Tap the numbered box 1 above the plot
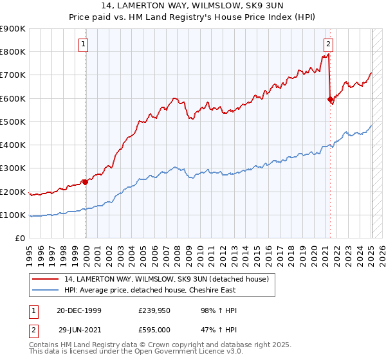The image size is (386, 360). (x=84, y=44)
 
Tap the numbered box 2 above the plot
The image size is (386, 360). (x=328, y=44)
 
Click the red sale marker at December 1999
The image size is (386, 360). (x=85, y=182)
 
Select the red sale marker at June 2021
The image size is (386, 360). (x=330, y=100)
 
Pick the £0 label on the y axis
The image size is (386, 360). (x=19, y=239)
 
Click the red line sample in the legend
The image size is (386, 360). (x=46, y=279)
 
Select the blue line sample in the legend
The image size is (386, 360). (x=46, y=290)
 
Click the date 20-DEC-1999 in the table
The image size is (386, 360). (x=78, y=310)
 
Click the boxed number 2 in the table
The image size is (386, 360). (x=33, y=329)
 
